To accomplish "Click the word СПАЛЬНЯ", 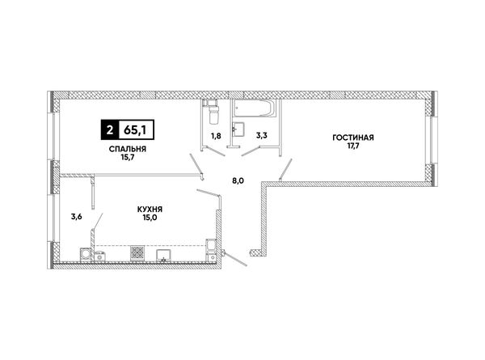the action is [128, 149].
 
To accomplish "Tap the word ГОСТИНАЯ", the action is [353, 138].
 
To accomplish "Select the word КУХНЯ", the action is [150, 210].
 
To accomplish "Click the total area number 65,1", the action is [135, 130].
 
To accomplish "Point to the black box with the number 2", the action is [109, 129].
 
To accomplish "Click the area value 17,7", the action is [353, 146].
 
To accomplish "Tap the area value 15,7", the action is [128, 157].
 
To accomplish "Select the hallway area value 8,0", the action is [238, 180].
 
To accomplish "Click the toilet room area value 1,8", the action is [216, 136].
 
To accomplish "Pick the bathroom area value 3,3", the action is [262, 135].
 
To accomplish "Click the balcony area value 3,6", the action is [77, 217].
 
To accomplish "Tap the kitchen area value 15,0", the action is [150, 218].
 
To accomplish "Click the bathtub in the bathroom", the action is [254, 108].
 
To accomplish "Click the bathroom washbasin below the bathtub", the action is [238, 129].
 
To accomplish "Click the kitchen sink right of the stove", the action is [163, 256].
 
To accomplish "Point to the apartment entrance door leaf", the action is [236, 259].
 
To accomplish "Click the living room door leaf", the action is [286, 169].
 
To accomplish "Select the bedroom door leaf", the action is [196, 163].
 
